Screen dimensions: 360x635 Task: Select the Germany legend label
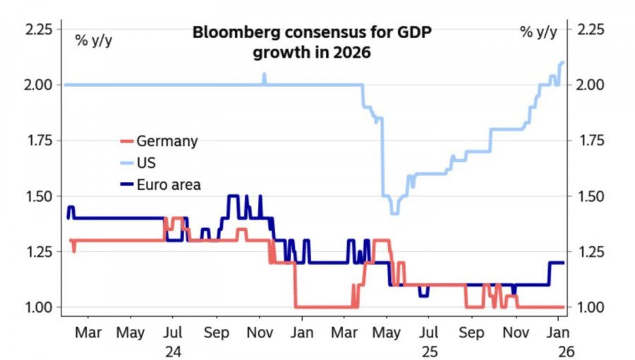point(167,141)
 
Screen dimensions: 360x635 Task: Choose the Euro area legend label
point(169,185)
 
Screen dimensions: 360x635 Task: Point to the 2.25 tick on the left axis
point(38,30)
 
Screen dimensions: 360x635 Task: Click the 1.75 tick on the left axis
point(38,140)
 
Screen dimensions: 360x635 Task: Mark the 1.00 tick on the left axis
point(38,307)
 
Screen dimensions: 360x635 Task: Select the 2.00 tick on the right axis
point(591,85)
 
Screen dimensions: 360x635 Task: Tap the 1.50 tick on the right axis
point(591,196)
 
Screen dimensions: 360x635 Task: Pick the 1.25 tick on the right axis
point(591,251)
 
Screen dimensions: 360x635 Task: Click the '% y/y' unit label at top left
point(94,39)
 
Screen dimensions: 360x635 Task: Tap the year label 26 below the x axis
point(559,350)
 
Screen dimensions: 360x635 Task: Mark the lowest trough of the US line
point(394,212)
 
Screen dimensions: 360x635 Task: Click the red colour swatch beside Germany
point(127,141)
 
